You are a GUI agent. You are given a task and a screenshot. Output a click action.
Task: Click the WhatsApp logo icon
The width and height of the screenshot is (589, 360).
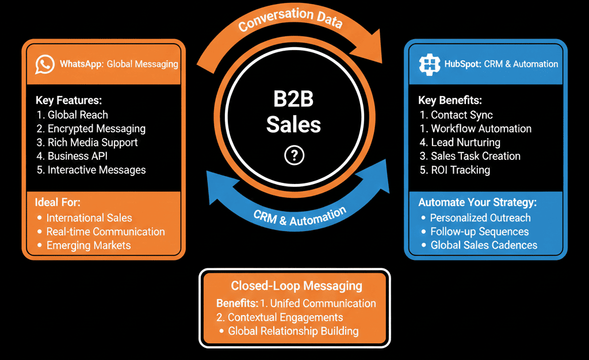coord(45,64)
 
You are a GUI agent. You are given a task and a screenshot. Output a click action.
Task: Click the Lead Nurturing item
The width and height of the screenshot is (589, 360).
coord(460,142)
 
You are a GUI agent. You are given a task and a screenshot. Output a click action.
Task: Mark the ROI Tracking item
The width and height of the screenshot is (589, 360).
coord(454,170)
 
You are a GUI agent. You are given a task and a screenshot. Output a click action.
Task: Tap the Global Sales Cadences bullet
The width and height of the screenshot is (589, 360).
coord(483,246)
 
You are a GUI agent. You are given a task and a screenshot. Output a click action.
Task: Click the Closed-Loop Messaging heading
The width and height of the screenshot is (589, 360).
coord(296,286)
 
